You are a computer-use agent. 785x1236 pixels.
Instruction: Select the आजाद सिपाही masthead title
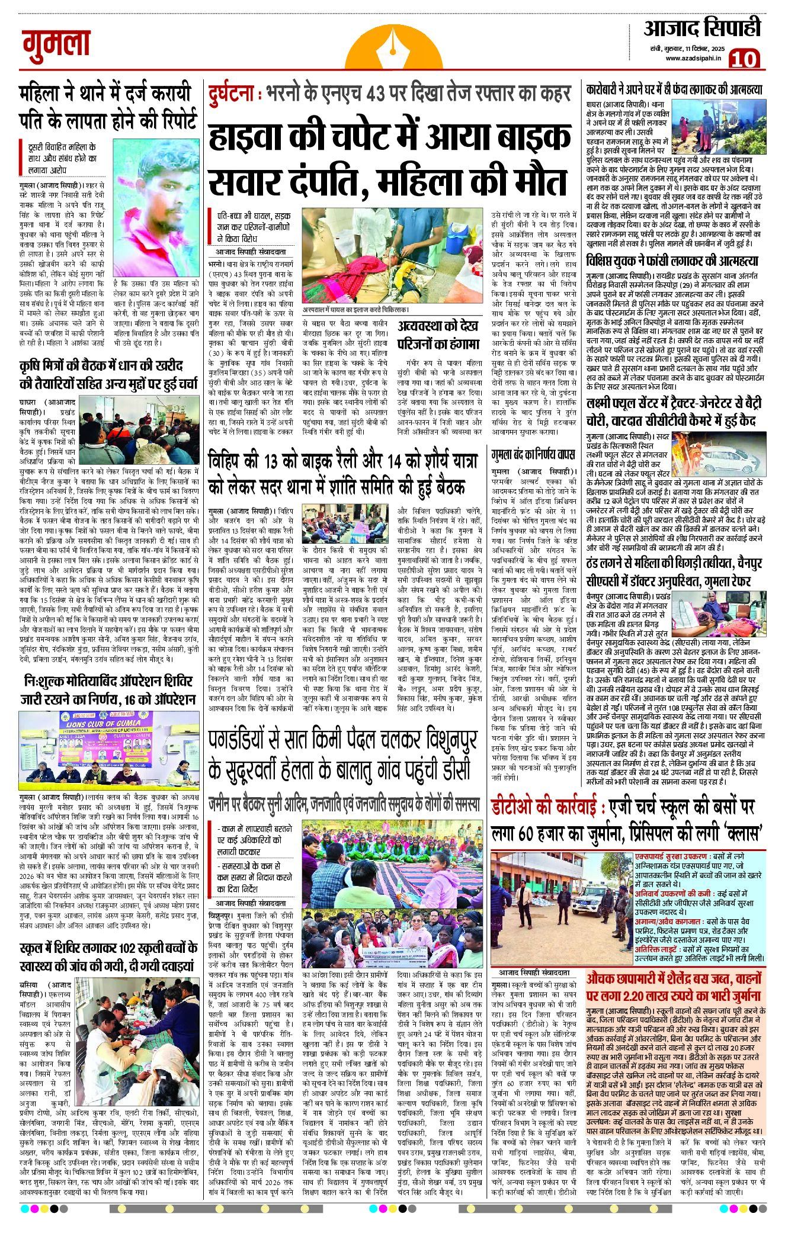point(701,28)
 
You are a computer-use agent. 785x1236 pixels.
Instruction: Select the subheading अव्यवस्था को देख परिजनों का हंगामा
point(438,334)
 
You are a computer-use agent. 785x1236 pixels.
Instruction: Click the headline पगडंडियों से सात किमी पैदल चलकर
point(343,756)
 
